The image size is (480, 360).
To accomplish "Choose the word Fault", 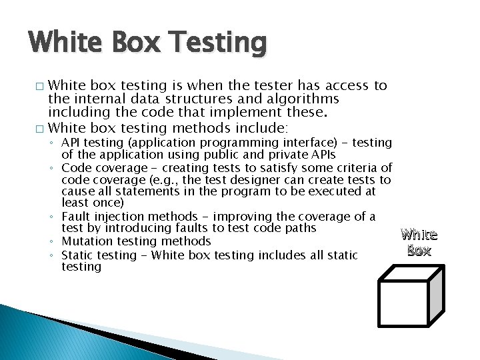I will coord(75,217).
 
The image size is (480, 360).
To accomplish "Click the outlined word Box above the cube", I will coord(419,251).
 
